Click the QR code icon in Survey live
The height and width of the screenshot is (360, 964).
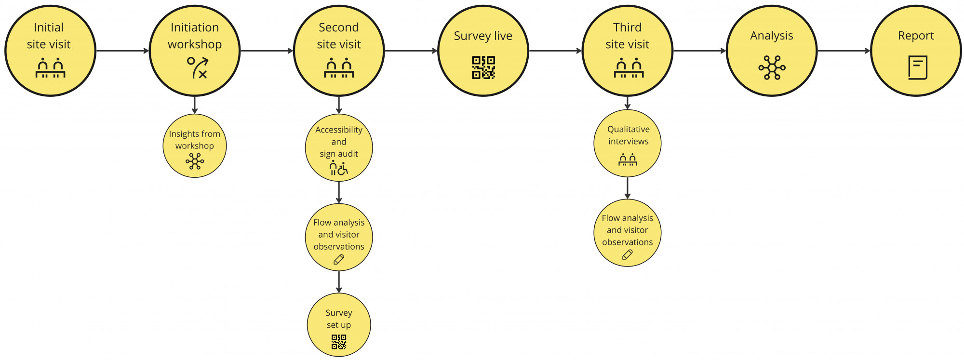(483, 67)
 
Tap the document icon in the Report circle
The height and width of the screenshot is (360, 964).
(917, 67)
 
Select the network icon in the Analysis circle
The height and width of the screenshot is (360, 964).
(772, 67)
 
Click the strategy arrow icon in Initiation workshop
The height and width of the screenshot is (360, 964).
(198, 67)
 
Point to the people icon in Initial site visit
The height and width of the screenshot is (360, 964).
(50, 68)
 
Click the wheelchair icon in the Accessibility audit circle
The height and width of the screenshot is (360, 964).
(343, 169)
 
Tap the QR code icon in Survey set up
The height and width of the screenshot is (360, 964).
(339, 342)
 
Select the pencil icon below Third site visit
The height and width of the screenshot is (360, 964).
(627, 255)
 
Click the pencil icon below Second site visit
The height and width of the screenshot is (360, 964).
(339, 260)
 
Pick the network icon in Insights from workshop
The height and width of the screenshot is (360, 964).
(195, 161)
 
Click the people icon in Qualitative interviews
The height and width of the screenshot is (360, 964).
(628, 160)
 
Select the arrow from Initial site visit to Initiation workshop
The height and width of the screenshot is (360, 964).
(122, 51)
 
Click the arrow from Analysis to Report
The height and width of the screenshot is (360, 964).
(843, 51)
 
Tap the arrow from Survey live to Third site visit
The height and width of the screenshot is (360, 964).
(555, 51)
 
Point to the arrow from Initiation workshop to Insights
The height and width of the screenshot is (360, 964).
(195, 105)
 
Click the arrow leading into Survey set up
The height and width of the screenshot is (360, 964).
(339, 282)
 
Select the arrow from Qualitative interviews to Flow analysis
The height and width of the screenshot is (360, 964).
(627, 188)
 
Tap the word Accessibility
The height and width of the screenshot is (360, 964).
(339, 130)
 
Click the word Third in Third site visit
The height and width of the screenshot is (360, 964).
(627, 27)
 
